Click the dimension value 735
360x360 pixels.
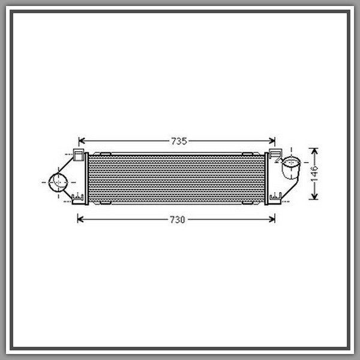(x=179, y=141)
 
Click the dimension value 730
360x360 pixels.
(x=177, y=220)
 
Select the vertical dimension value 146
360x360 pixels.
(x=314, y=173)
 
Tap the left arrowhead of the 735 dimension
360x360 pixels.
(x=82, y=141)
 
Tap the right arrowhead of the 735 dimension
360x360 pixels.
(x=272, y=141)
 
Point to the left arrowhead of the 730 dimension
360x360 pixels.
(x=80, y=219)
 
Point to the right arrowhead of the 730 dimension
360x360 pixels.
(x=272, y=219)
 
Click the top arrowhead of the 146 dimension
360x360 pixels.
(x=314, y=152)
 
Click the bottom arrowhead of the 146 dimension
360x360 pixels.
(x=314, y=196)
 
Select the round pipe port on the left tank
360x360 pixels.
(x=58, y=182)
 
